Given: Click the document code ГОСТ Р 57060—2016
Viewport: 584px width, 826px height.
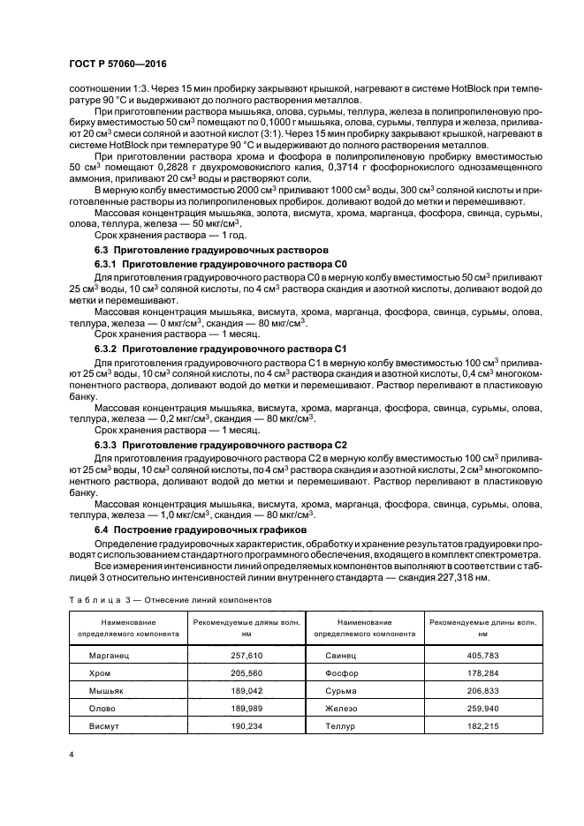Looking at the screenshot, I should point(118,64).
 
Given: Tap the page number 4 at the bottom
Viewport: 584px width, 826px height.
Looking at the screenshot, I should point(71,754).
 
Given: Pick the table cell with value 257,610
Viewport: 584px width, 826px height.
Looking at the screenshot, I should point(235,657).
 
